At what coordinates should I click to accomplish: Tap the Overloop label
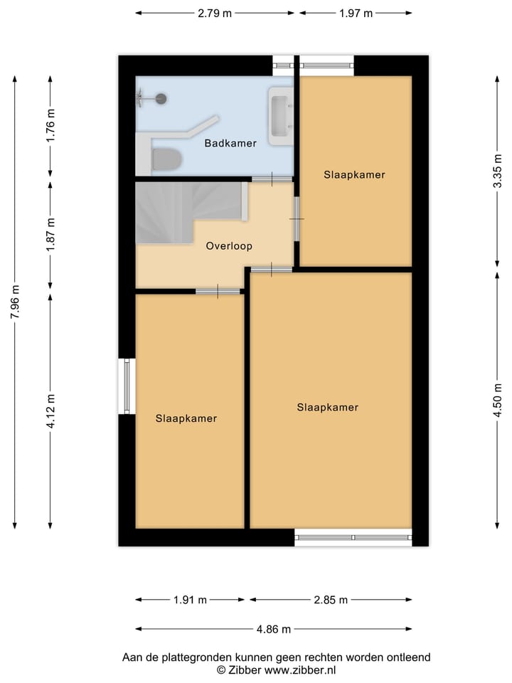pyautogui.click(x=229, y=246)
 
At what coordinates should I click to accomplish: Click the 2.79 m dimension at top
pyautogui.click(x=215, y=13)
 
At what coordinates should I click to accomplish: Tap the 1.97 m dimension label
pyautogui.click(x=356, y=13)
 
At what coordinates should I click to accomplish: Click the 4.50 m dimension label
pyautogui.click(x=498, y=401)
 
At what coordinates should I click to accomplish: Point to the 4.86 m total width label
pyautogui.click(x=274, y=629)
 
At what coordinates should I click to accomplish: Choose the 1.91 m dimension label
pyautogui.click(x=190, y=600)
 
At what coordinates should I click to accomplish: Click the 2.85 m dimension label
pyautogui.click(x=331, y=600)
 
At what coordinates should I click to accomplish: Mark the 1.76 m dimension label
pyautogui.click(x=50, y=127)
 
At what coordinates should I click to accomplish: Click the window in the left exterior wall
pyautogui.click(x=127, y=386)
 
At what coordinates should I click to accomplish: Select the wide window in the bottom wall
pyautogui.click(x=353, y=537)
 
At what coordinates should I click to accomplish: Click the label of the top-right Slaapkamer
pyautogui.click(x=354, y=174)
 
